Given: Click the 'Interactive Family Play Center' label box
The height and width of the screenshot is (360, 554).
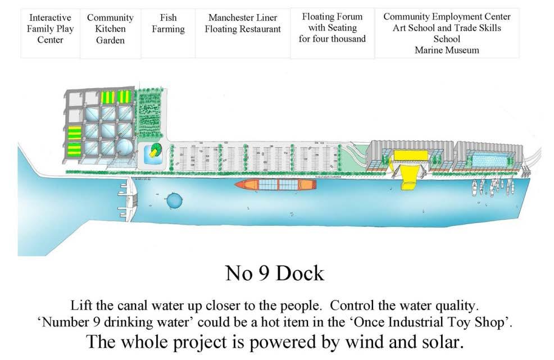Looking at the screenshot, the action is [51, 29].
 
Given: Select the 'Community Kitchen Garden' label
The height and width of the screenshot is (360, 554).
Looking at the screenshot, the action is [110, 29].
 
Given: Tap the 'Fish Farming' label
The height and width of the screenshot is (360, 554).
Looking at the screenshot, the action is [168, 24].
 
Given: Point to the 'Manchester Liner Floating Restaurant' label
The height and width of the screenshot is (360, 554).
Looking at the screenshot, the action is [243, 24].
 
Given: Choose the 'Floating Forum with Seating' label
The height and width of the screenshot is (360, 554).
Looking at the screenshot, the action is [332, 28].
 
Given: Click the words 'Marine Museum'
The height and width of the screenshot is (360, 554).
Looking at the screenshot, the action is [447, 50].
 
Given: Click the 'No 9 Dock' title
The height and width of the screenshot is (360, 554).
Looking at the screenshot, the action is [275, 273].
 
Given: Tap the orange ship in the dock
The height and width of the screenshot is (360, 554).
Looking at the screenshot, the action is [276, 184].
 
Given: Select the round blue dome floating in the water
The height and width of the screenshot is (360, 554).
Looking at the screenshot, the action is [174, 200].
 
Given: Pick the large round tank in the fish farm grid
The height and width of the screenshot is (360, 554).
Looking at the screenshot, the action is [124, 148].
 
